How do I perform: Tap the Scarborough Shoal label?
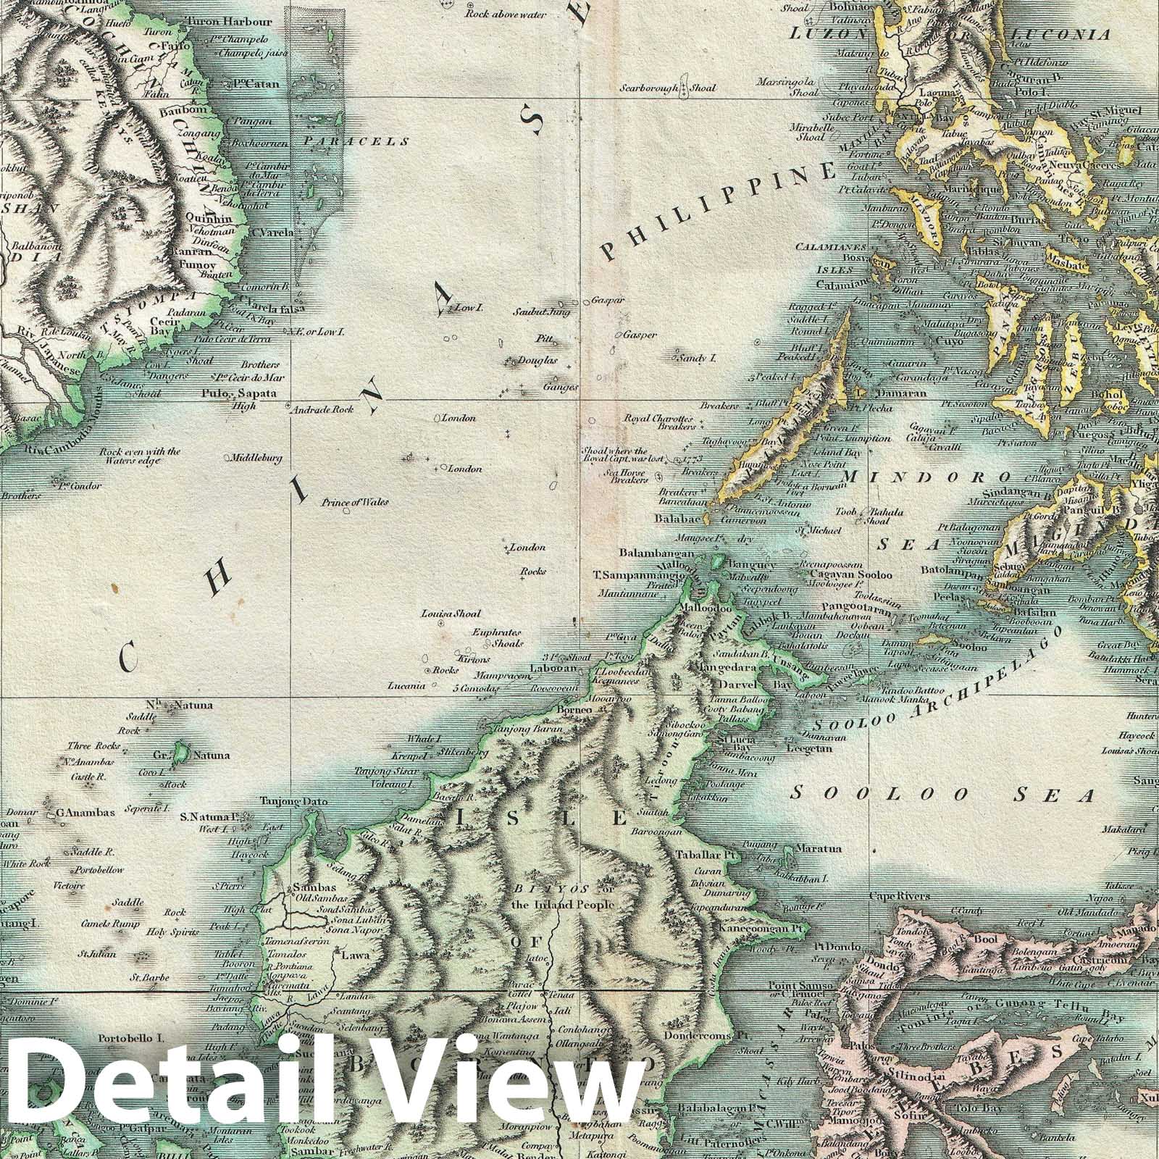point(667,88)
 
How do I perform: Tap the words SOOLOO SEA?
point(942,795)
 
